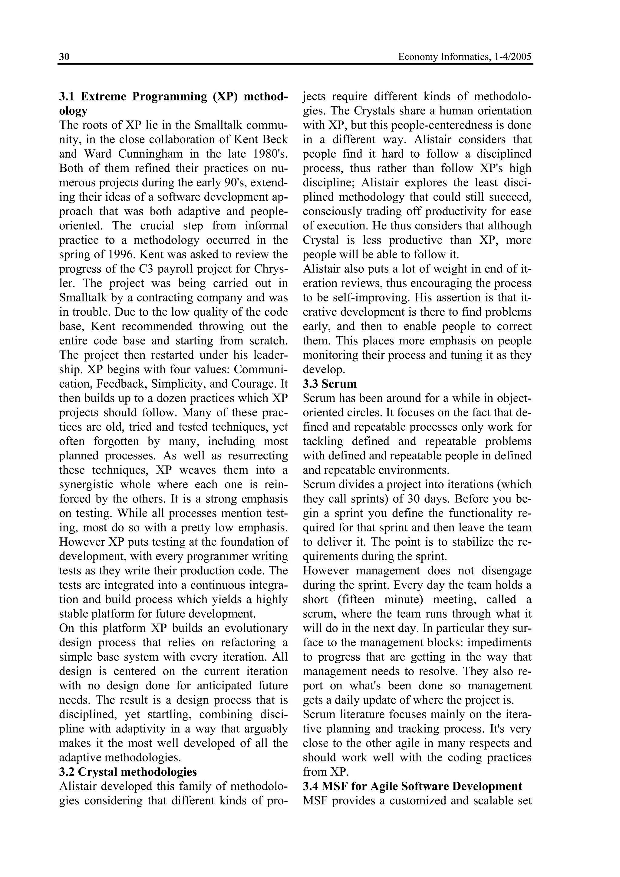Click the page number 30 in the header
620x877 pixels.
(64, 57)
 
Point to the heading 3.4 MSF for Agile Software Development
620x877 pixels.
(413, 787)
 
